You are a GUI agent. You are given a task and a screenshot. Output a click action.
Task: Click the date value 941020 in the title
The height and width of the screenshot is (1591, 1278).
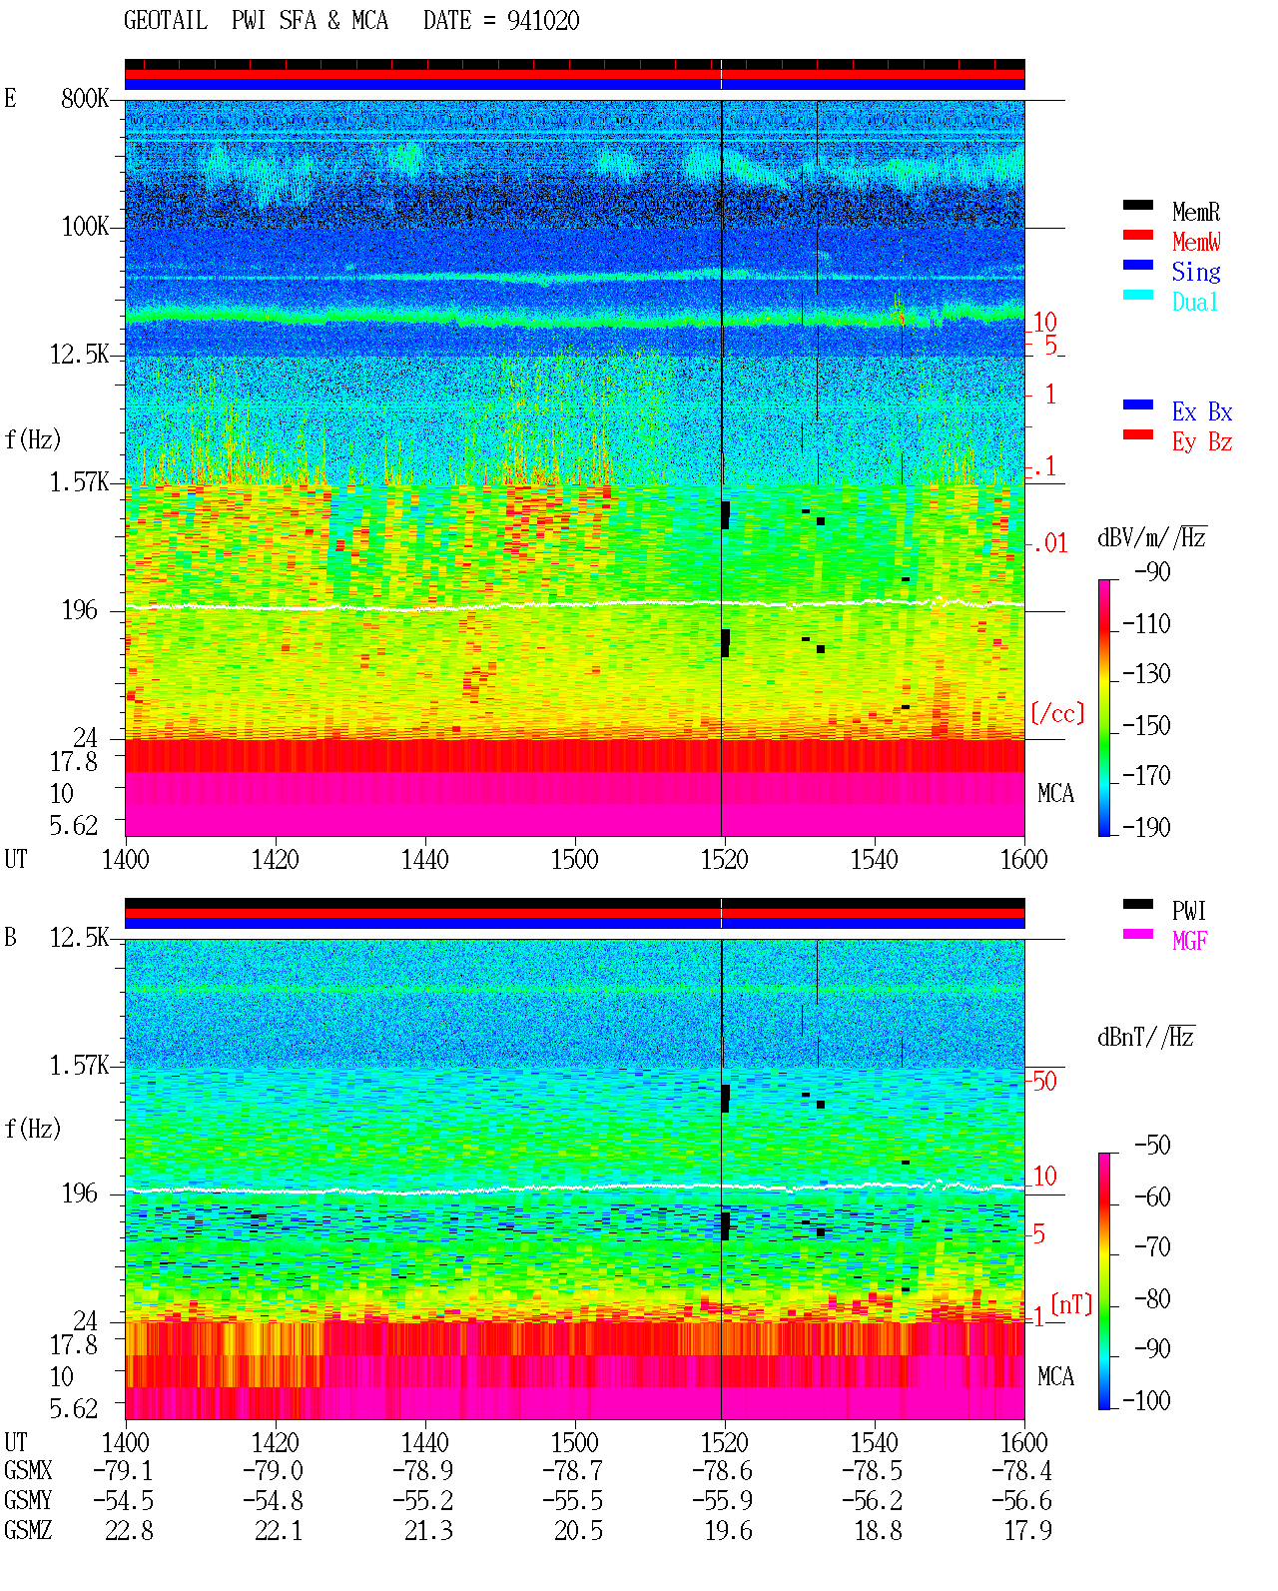coord(542,21)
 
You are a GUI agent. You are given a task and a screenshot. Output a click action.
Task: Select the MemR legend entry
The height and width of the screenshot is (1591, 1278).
coord(1195,212)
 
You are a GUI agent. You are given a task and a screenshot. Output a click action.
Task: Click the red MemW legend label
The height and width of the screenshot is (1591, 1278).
coord(1196,242)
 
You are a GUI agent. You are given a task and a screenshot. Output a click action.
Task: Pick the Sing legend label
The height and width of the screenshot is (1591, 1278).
coord(1195,272)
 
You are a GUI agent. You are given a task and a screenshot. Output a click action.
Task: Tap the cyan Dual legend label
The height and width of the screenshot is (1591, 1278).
coord(1194,302)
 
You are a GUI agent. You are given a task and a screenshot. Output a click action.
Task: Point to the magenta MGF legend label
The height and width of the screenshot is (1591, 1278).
coord(1189,941)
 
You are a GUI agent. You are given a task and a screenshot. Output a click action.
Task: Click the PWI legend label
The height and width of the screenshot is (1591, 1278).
coord(1188,911)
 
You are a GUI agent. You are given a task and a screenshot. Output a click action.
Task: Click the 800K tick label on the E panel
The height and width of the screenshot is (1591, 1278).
coord(85,98)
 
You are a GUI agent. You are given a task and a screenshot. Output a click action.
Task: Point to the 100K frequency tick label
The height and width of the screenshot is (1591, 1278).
coord(85,227)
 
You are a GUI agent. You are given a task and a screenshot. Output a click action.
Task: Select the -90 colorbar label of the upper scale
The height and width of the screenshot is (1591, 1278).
coord(1152,572)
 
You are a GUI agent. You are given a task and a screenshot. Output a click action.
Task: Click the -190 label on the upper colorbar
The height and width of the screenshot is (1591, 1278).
coord(1146,827)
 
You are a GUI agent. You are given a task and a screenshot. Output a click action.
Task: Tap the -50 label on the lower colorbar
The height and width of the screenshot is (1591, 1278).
coord(1152,1146)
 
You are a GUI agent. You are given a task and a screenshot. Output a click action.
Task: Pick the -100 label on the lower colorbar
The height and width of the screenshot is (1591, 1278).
coord(1146,1400)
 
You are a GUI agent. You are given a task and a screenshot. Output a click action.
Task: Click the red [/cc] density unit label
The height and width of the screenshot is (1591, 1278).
coord(1057,713)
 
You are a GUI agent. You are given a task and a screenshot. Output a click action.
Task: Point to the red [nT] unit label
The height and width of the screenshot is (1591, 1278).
coord(1071,1304)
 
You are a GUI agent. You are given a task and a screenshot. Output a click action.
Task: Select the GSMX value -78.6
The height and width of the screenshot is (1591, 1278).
coord(722,1471)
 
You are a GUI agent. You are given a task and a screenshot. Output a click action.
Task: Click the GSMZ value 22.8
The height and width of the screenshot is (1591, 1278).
coord(130,1530)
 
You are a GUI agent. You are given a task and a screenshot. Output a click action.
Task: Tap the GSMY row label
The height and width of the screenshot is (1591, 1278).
coord(28,1501)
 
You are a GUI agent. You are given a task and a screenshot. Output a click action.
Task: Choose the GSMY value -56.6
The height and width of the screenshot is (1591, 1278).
coord(1021,1501)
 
